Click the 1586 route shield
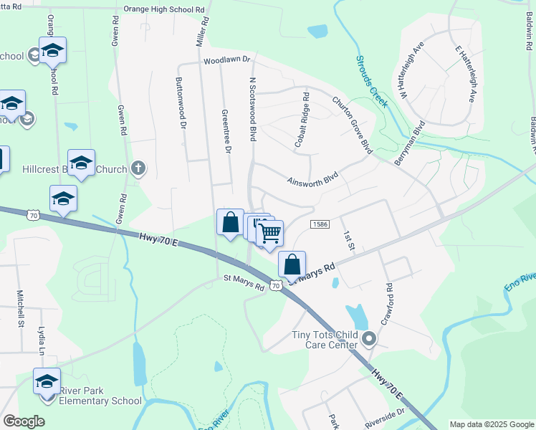tap(320, 225)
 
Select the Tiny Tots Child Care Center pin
tap(369, 338)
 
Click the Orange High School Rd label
tap(164, 9)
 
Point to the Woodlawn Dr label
tap(229, 61)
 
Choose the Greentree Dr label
tap(226, 131)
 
